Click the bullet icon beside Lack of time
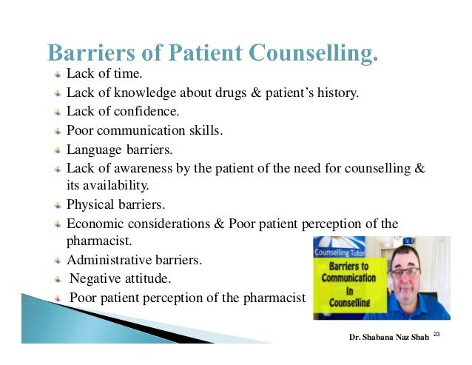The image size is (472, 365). [x=58, y=75]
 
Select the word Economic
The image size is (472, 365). [x=95, y=224]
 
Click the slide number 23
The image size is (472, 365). [x=436, y=335]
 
